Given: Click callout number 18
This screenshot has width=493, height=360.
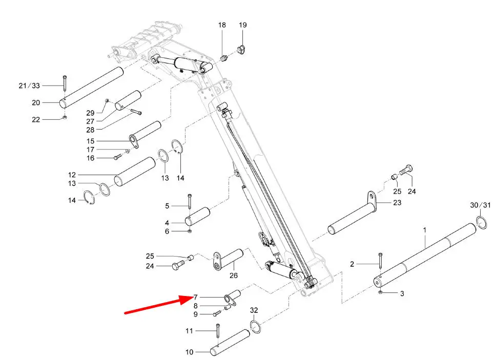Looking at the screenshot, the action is coord(222,25).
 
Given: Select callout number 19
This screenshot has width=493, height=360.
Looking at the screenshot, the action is coord(243,25).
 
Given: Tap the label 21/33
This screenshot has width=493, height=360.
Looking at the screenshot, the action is coord(29,86).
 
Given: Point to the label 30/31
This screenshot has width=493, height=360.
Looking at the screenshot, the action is coord(480,205).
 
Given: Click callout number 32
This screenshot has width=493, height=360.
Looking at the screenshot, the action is coord(254,310).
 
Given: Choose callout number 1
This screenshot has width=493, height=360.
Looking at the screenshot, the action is coord(424,230).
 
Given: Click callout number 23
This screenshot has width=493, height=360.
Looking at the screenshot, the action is coord(397,203).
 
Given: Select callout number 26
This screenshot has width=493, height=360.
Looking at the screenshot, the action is coord(233,276).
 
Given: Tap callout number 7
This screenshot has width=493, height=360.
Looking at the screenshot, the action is coord(196,297).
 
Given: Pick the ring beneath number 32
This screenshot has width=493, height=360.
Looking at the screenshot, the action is coord(256,327).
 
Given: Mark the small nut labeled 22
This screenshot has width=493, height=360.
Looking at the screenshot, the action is coord(64,118).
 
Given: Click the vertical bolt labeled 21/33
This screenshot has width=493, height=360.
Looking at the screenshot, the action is coord(65,83).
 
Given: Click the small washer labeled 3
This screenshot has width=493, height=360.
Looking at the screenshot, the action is coord(380,293).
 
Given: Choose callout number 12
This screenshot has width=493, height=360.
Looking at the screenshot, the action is coord(72,175).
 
